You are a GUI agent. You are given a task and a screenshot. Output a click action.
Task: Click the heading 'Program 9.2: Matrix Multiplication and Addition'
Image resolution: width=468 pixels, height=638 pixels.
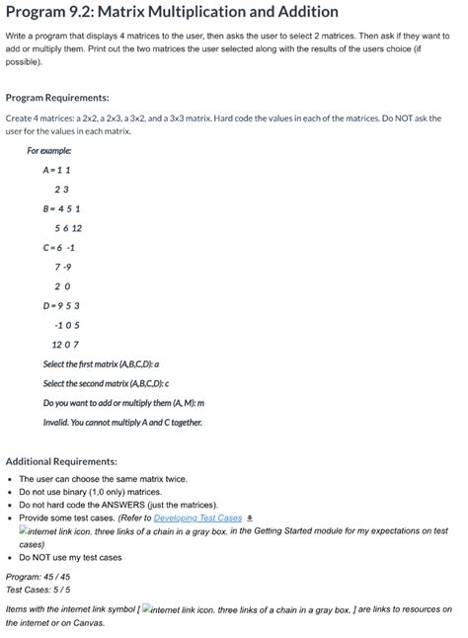[x=173, y=12]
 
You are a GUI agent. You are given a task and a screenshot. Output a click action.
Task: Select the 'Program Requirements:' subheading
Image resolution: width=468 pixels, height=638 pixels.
[x=57, y=98]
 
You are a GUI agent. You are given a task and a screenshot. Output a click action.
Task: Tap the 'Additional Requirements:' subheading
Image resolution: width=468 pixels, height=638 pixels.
[x=61, y=461]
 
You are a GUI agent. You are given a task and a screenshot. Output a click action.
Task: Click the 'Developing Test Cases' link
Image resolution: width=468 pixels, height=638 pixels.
[x=197, y=518]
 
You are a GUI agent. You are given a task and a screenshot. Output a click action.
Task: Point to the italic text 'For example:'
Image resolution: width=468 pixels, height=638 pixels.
[x=49, y=150]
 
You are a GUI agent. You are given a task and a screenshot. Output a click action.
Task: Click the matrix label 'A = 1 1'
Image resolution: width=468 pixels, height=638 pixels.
[x=57, y=169]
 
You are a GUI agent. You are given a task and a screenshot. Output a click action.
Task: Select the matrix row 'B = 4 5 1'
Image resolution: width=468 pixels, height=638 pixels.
[x=62, y=208]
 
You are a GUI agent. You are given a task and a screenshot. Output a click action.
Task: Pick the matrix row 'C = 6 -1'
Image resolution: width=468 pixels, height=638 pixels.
[x=60, y=247]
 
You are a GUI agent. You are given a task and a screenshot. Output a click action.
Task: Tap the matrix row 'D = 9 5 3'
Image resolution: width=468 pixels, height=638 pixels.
[x=62, y=305]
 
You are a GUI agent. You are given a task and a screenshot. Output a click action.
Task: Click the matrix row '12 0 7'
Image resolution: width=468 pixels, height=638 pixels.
[x=65, y=344]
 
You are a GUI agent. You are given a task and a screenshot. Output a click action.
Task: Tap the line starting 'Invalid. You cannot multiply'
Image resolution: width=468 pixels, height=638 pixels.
[x=123, y=422]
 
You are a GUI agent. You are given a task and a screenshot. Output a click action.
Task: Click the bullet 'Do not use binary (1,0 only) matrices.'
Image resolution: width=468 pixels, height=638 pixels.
[x=90, y=492]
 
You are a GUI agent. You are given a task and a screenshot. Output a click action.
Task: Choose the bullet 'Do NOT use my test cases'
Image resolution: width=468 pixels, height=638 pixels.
[x=70, y=557]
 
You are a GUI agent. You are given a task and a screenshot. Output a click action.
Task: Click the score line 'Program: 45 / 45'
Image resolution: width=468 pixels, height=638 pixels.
[x=38, y=576]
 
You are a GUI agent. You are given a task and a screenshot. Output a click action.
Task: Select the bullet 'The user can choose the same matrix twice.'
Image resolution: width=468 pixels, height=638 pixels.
[x=97, y=479]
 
